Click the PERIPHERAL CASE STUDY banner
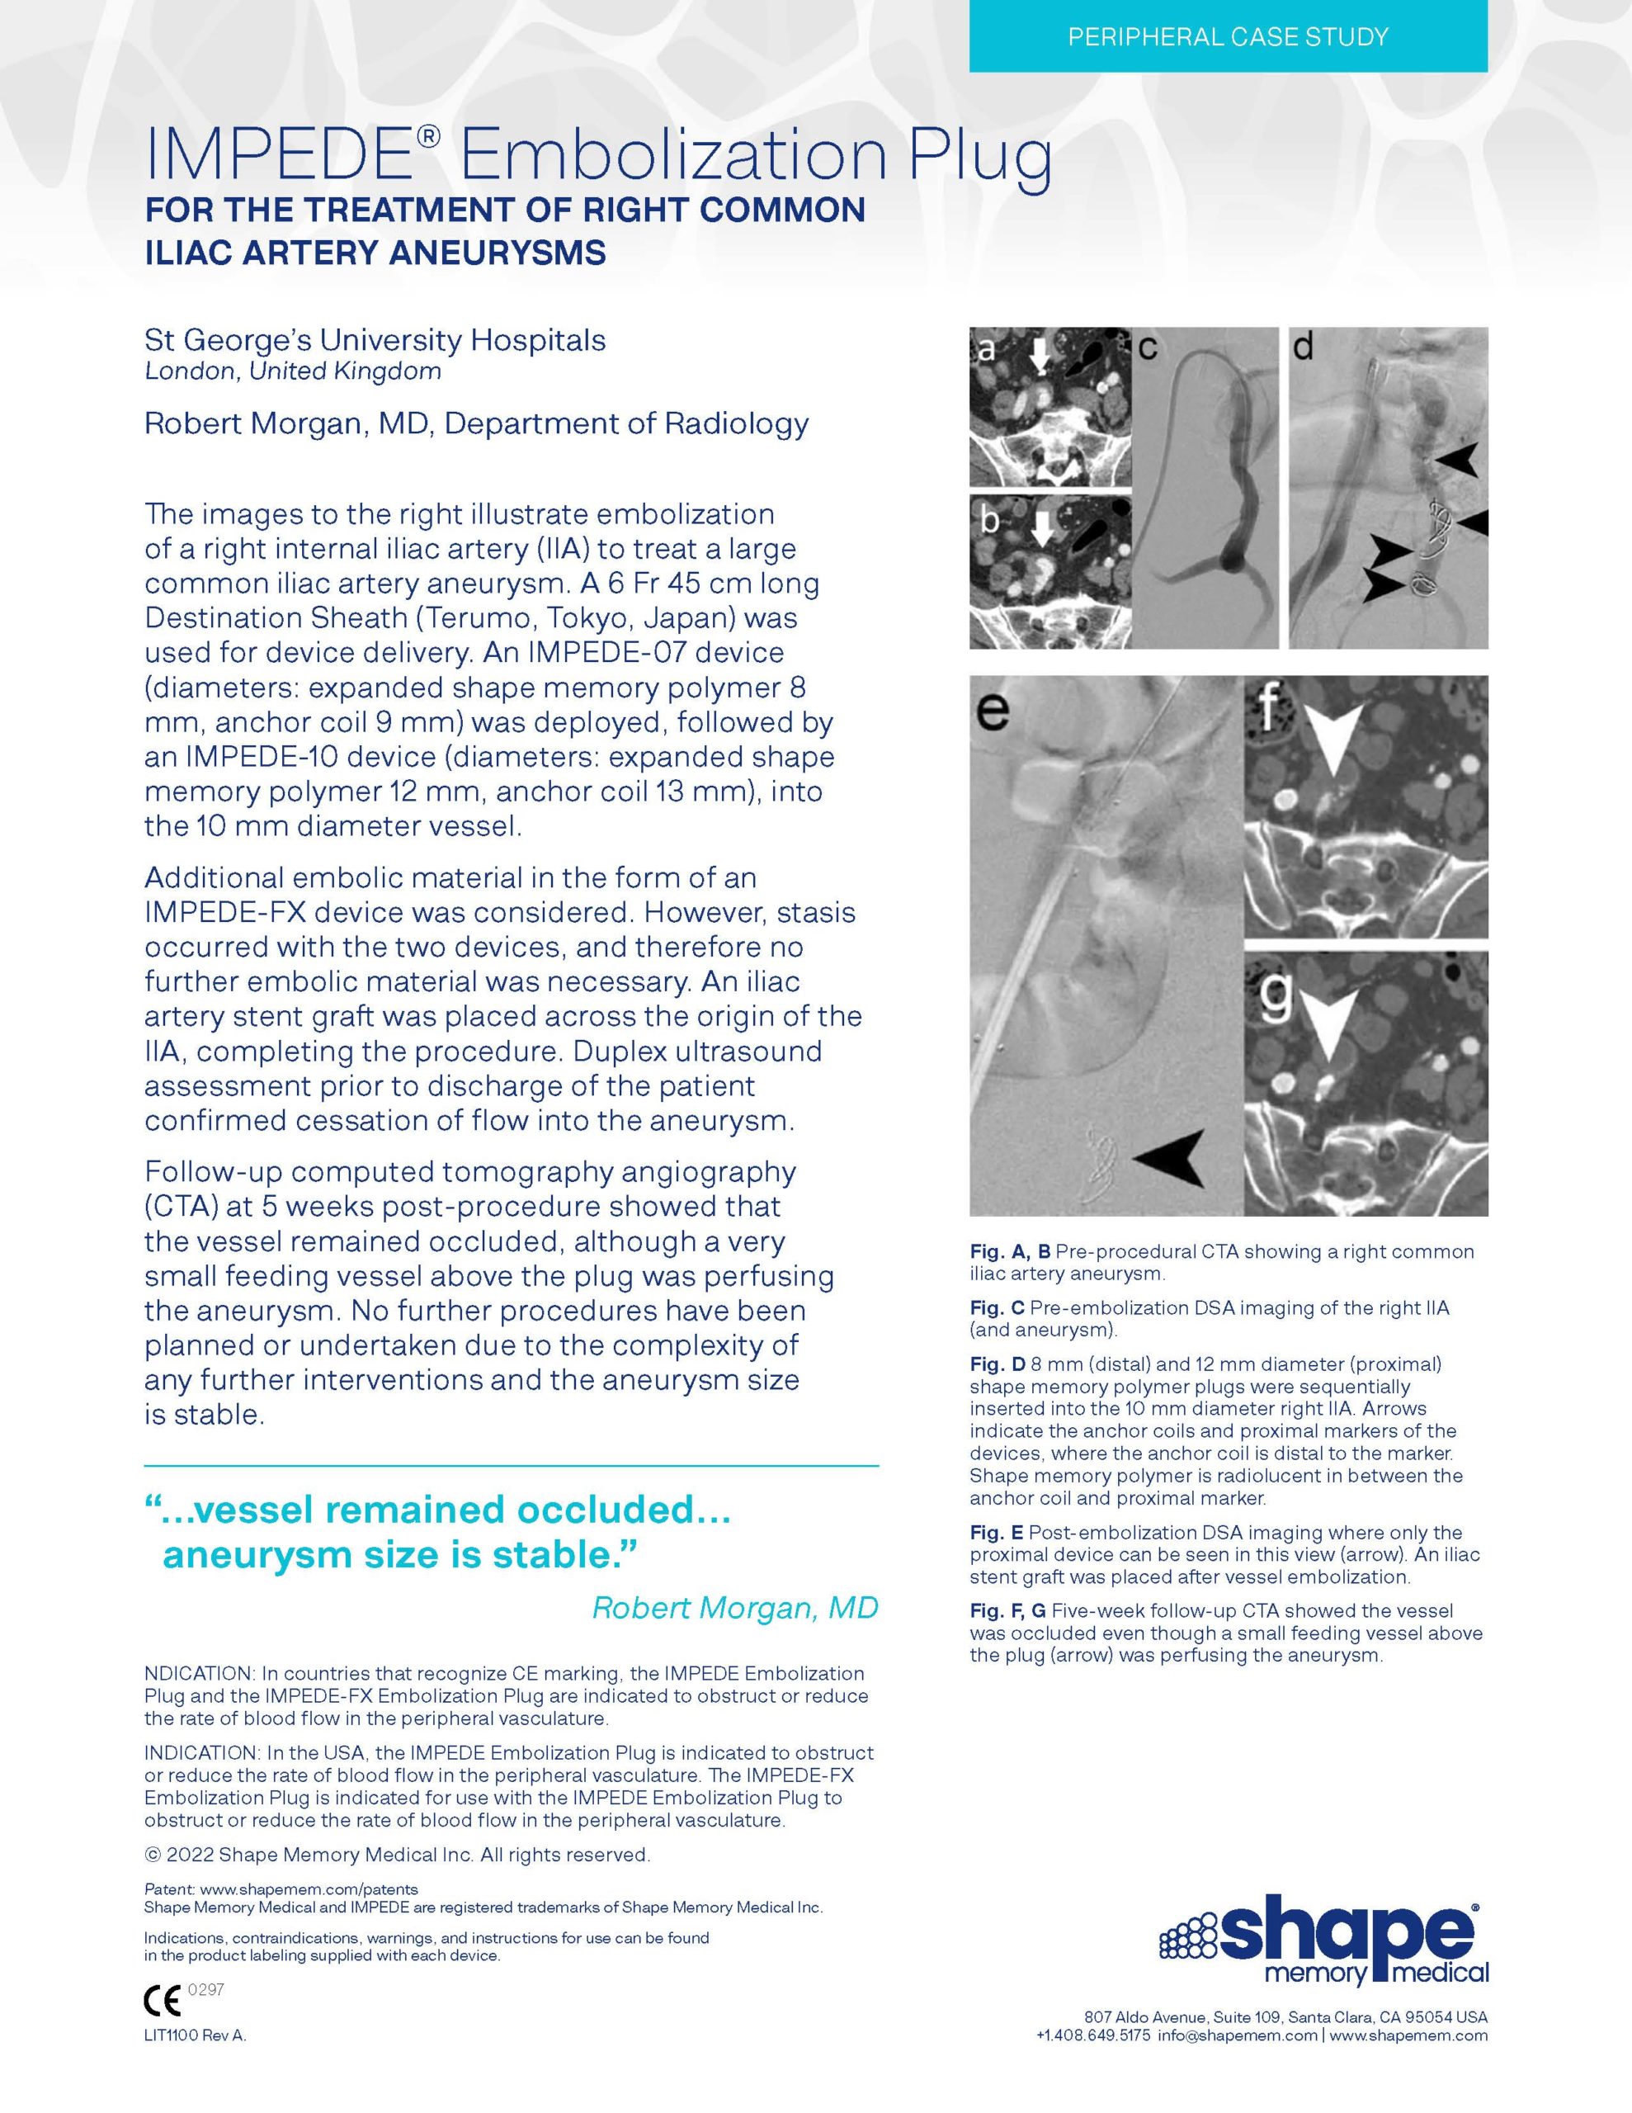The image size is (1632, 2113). [1228, 38]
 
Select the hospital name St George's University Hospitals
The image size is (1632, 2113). [375, 341]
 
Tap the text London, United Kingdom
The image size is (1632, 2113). [292, 371]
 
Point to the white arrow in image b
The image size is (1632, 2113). [1042, 530]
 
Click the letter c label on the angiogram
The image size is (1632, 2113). [1148, 347]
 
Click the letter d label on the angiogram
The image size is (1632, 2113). [1303, 347]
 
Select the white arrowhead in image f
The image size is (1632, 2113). [1333, 737]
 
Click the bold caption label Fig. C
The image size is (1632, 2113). [998, 1309]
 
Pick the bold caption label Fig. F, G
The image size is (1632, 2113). [1008, 1611]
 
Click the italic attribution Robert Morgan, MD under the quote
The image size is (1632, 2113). [734, 1608]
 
